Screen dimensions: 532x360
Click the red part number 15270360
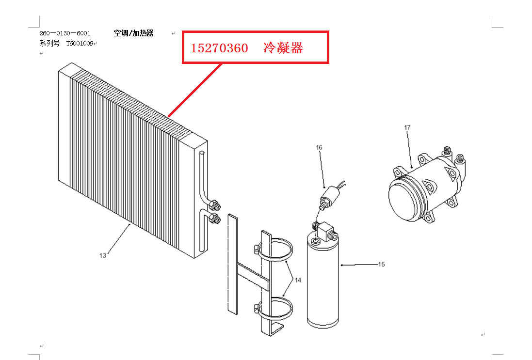[x=219, y=48]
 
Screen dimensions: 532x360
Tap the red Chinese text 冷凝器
[x=283, y=48]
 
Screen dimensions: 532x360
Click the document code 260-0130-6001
[x=65, y=33]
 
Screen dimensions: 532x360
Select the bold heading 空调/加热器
[x=133, y=33]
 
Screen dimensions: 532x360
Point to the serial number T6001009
[x=80, y=44]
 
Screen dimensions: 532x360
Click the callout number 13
[x=103, y=256]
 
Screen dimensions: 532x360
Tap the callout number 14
[x=298, y=281]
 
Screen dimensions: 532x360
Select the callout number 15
[x=381, y=265]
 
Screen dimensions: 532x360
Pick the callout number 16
[x=319, y=147]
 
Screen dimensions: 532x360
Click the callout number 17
[x=407, y=127]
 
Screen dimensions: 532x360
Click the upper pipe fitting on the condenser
[x=215, y=205]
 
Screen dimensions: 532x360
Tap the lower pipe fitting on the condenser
[x=215, y=218]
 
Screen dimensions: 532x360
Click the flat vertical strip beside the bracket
[x=233, y=265]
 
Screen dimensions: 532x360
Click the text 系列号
[x=49, y=44]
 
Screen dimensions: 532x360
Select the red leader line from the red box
[x=195, y=90]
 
